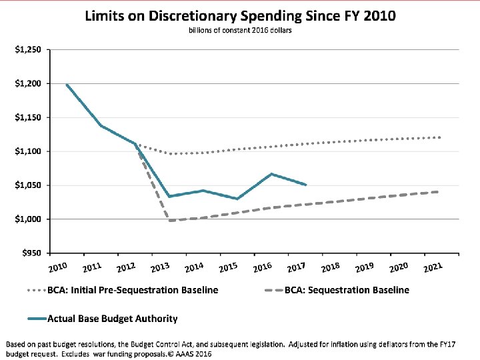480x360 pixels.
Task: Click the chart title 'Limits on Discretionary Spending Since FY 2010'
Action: pyautogui.click(x=240, y=16)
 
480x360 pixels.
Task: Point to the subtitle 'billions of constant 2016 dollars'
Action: pyautogui.click(x=240, y=30)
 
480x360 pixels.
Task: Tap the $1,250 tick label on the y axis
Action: pyautogui.click(x=28, y=49)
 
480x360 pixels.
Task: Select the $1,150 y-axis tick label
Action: pyautogui.click(x=28, y=117)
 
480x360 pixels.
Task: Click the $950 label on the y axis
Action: pyautogui.click(x=31, y=253)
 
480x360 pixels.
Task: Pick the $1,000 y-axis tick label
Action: pyautogui.click(x=28, y=219)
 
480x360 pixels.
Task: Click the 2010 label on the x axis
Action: pyautogui.click(x=58, y=267)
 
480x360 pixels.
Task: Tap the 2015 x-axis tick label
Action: pyautogui.click(x=229, y=267)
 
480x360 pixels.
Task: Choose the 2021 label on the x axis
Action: pyautogui.click(x=433, y=267)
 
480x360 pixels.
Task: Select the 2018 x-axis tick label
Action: pyautogui.click(x=331, y=267)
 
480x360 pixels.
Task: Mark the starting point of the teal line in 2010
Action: pyautogui.click(x=67, y=85)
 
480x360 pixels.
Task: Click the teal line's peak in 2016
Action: pyautogui.click(x=271, y=174)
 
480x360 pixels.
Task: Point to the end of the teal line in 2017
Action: pyautogui.click(x=305, y=185)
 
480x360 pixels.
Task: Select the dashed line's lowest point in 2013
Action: pyautogui.click(x=169, y=221)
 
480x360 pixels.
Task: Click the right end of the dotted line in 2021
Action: pyautogui.click(x=439, y=137)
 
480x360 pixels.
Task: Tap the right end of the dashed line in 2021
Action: pyautogui.click(x=438, y=192)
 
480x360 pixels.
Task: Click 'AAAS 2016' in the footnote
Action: pyautogui.click(x=193, y=354)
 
